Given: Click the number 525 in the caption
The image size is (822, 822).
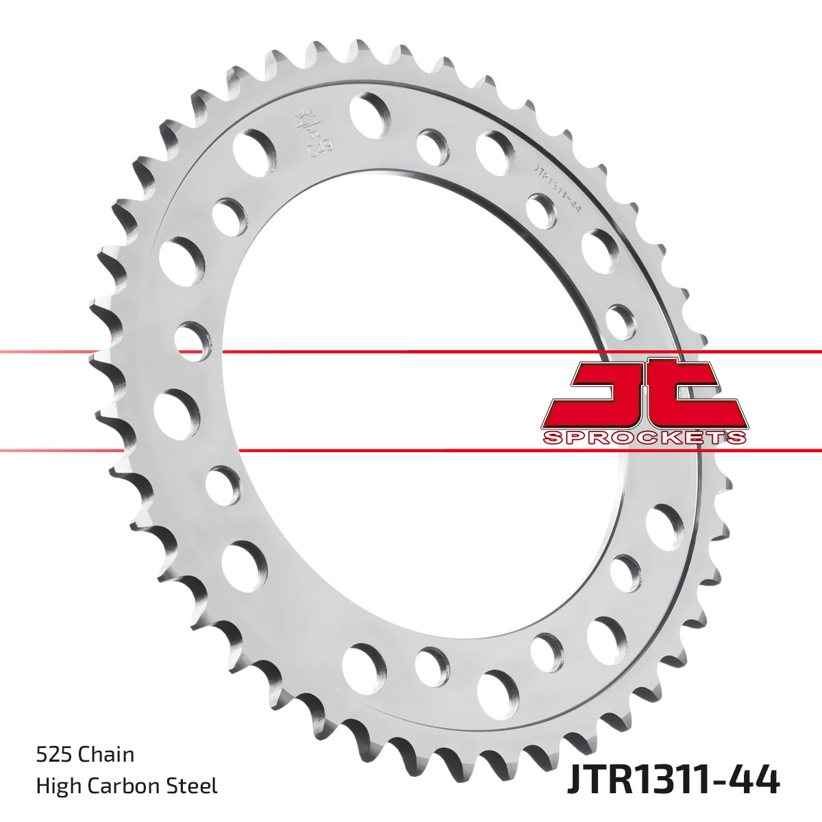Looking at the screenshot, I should [x=54, y=755].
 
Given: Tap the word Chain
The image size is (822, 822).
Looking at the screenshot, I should [x=106, y=755].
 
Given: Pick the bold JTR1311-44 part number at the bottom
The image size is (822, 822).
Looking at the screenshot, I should [x=673, y=780].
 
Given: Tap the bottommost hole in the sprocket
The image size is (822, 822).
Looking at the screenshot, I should [x=498, y=692].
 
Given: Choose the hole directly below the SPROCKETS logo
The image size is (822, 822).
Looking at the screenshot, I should [x=664, y=526].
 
